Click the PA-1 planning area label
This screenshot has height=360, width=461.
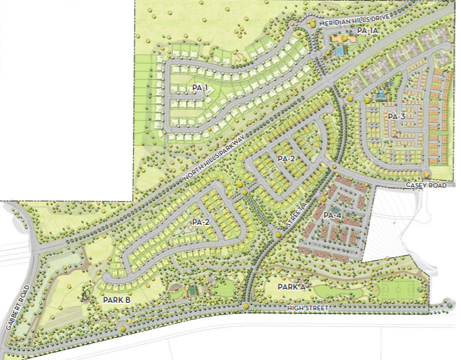coord(199,88)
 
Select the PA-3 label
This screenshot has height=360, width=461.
coord(396,116)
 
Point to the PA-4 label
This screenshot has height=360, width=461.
coord(332,216)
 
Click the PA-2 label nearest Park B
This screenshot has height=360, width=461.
coord(201,223)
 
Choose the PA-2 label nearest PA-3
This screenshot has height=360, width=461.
coord(286,159)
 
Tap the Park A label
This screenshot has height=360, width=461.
coord(291,286)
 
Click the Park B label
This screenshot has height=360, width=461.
coord(116,301)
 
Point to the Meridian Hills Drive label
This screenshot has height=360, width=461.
coord(349,21)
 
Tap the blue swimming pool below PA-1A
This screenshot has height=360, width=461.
coord(340,50)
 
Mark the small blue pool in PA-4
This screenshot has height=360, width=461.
coord(336,210)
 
